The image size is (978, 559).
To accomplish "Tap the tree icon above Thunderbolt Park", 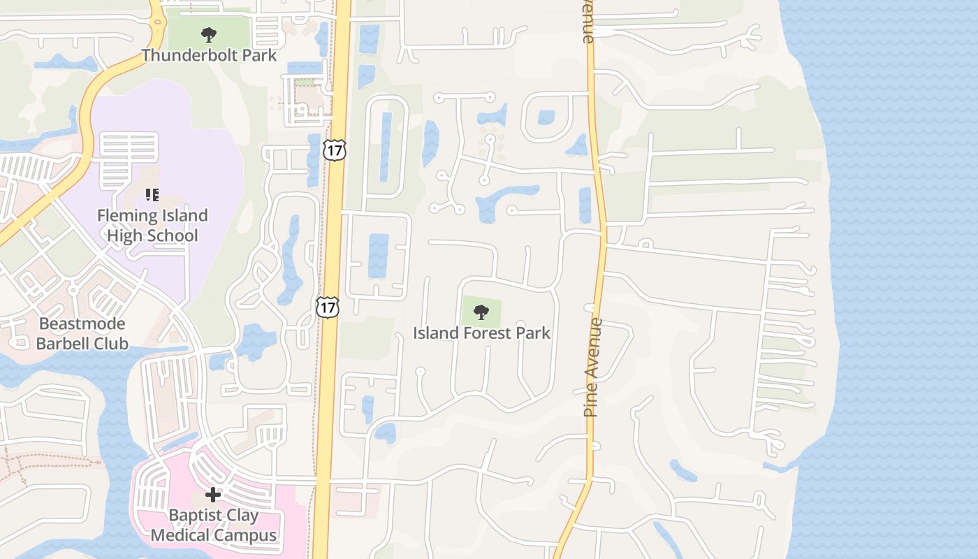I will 208,34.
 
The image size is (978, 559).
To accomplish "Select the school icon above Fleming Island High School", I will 152,194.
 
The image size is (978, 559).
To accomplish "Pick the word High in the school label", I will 123,235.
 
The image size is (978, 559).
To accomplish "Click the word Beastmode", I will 82,324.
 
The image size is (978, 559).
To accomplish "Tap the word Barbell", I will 64,343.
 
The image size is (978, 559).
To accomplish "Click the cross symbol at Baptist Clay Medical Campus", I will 213,495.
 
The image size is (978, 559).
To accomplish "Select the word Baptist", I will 194,516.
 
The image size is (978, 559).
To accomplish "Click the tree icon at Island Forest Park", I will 481,312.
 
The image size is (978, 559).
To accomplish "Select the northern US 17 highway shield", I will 335,150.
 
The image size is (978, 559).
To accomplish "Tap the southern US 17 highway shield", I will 327,306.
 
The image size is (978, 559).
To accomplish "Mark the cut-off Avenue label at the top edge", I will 588,21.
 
